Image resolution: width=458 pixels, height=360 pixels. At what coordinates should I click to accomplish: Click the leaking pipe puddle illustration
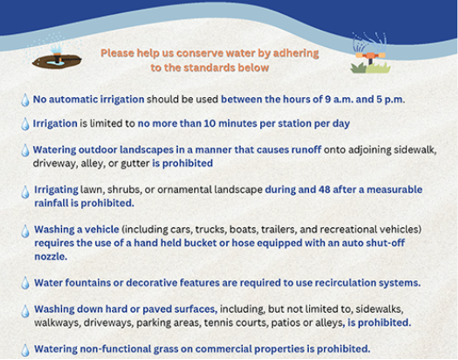pyautogui.click(x=57, y=57)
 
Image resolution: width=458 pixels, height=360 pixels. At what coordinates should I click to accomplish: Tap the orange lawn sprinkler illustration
pyautogui.click(x=370, y=54)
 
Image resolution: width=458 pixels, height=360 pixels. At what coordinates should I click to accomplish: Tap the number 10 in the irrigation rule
pyautogui.click(x=210, y=123)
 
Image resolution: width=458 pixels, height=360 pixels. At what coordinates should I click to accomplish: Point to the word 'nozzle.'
pyautogui.click(x=51, y=256)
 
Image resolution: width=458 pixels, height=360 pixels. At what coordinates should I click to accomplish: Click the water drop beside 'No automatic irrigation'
pyautogui.click(x=25, y=100)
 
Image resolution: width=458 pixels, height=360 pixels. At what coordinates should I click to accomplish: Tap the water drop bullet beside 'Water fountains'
pyautogui.click(x=25, y=283)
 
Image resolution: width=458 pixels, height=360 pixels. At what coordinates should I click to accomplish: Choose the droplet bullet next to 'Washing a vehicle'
pyautogui.click(x=25, y=231)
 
